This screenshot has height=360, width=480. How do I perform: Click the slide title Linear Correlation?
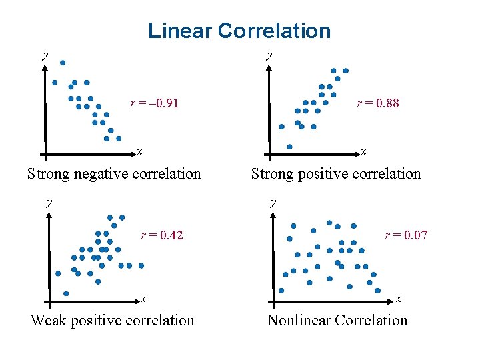tap(239, 31)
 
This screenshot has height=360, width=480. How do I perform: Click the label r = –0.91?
tap(154, 103)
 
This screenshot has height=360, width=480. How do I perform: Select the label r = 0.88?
tap(378, 103)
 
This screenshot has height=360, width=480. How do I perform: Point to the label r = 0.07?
tap(406, 235)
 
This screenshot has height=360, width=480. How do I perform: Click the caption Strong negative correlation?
tap(114, 174)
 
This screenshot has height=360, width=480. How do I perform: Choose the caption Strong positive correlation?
tap(336, 174)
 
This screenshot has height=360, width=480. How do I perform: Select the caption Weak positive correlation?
tap(113, 321)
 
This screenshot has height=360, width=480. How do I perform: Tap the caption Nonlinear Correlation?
tap(337, 321)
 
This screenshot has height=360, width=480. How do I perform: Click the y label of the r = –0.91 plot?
tap(45, 55)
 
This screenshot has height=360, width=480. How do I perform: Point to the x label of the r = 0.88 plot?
tap(363, 152)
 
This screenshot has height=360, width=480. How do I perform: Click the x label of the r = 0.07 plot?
tap(399, 299)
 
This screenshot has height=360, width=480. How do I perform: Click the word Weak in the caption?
tap(49, 321)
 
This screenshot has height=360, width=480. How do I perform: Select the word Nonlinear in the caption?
tap(299, 321)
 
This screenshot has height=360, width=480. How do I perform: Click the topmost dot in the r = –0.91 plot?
tap(63, 63)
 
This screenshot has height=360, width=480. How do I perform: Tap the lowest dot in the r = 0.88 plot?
tap(289, 147)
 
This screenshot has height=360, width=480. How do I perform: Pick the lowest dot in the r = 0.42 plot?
tap(66, 293)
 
